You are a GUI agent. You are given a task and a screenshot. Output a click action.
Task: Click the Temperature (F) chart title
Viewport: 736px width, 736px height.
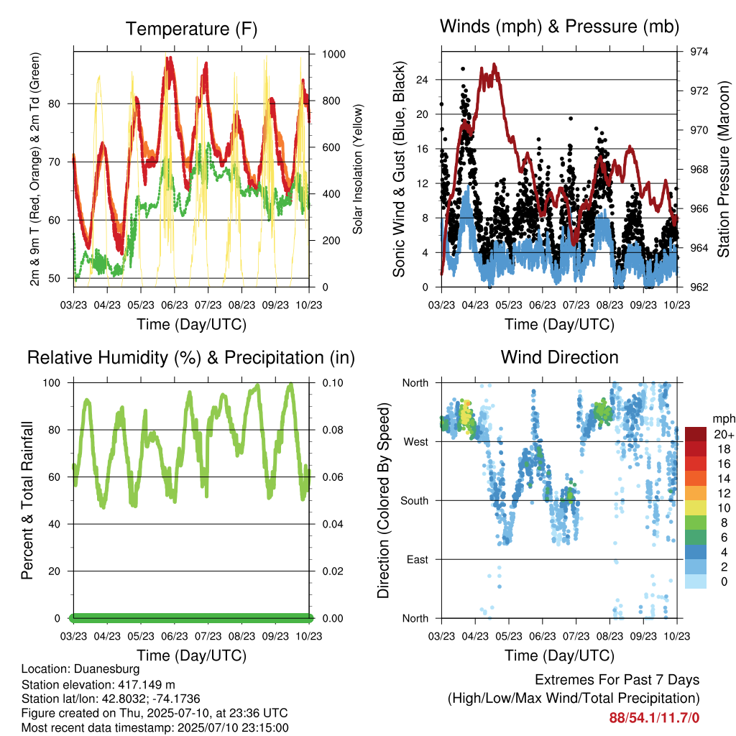click(x=191, y=29)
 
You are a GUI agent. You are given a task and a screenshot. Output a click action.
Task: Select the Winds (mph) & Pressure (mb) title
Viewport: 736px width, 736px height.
click(x=559, y=27)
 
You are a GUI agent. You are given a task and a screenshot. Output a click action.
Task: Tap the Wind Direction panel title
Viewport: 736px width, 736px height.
click(x=559, y=357)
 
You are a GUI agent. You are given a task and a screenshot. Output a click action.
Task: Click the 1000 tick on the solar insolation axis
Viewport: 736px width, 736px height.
click(x=333, y=54)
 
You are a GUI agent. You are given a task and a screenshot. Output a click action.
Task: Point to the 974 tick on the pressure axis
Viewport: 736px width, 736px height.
click(x=699, y=52)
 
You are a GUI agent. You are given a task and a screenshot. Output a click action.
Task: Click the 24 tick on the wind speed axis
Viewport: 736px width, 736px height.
click(x=422, y=80)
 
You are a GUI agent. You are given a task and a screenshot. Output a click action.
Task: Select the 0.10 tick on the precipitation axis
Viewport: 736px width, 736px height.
click(x=333, y=383)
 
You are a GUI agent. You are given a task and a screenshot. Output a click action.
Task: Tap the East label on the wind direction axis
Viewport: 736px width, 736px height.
click(x=418, y=559)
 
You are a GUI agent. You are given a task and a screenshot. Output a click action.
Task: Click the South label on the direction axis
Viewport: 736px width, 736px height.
click(x=415, y=501)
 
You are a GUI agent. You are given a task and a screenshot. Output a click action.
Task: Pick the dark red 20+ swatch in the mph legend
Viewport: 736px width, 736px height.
click(x=696, y=434)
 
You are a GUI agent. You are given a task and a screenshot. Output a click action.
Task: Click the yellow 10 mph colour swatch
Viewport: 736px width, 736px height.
click(x=696, y=508)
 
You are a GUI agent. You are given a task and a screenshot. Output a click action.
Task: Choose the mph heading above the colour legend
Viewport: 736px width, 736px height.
click(x=723, y=419)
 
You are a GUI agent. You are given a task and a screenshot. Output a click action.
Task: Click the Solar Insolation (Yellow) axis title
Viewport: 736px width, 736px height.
click(x=358, y=169)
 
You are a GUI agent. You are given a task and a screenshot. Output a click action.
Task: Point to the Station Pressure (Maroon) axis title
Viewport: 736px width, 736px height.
click(x=724, y=169)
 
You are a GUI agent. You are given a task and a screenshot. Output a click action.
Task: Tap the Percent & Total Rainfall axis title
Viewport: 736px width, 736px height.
click(x=27, y=500)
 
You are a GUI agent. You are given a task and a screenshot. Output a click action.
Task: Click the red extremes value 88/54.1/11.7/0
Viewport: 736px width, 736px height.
click(x=654, y=718)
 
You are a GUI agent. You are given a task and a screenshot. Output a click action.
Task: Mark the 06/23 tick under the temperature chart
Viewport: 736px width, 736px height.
click(x=175, y=305)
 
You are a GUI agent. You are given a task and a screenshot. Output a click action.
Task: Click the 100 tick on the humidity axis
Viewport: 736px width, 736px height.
click(x=52, y=383)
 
